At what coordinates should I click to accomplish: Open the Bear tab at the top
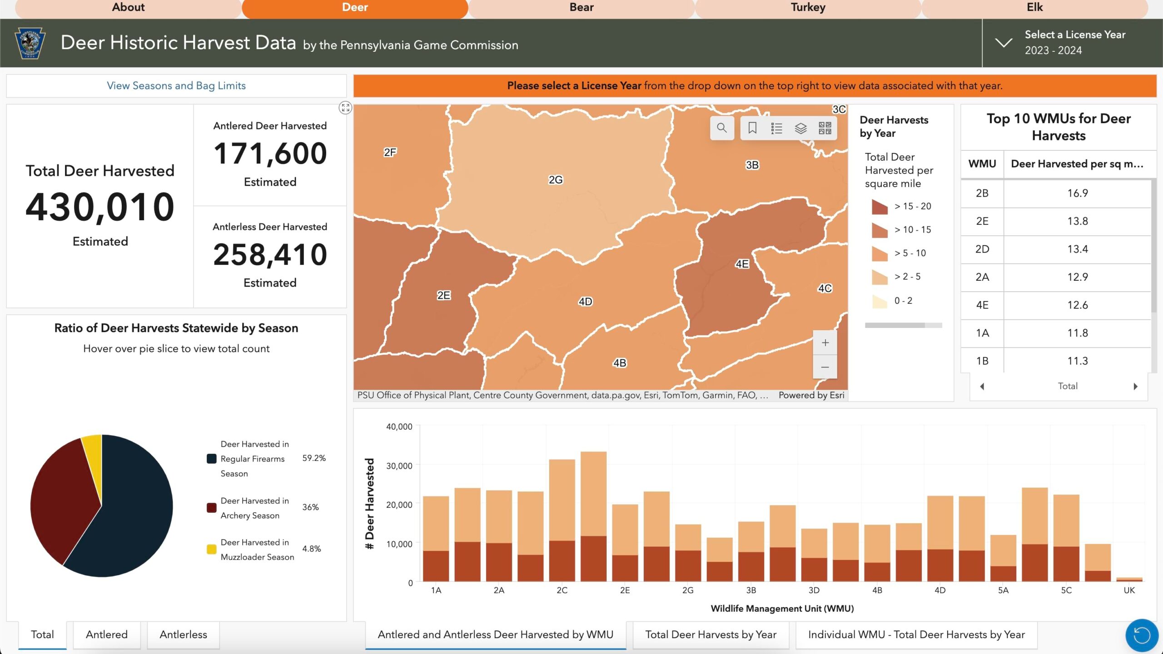581,8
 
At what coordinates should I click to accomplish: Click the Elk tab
1034,8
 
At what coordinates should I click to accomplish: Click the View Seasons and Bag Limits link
176,86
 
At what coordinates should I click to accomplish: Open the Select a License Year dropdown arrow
1003,43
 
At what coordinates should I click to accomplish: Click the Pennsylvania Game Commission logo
30,43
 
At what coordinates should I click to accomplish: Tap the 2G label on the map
555,180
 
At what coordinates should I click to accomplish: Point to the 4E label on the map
742,264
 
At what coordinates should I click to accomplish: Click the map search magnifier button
721,128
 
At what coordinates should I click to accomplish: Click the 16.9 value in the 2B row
1077,193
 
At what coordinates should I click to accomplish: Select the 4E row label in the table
982,305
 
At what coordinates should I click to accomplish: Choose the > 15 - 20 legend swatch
880,207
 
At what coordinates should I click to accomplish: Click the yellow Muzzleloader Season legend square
211,550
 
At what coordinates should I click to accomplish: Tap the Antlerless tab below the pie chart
183,634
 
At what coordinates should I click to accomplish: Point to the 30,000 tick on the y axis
399,466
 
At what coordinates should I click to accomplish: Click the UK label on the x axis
1129,590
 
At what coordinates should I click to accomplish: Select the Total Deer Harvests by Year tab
711,634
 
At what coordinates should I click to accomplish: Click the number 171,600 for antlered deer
270,154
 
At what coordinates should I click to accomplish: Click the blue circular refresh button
1141,635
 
